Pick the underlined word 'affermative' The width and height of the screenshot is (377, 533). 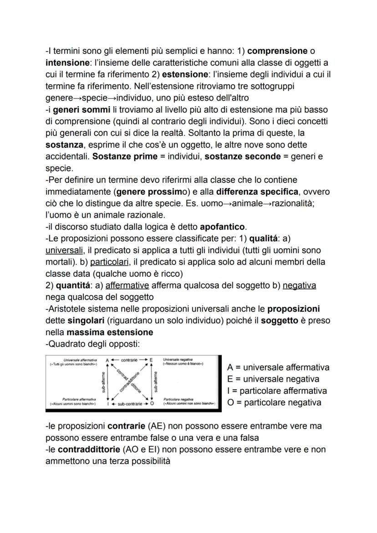pos(127,285)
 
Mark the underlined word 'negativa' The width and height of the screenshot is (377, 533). pos(299,285)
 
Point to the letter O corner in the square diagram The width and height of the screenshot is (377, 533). pos(152,404)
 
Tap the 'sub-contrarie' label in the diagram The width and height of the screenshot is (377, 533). pos(129,404)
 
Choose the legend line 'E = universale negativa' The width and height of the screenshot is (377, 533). pos(272,379)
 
